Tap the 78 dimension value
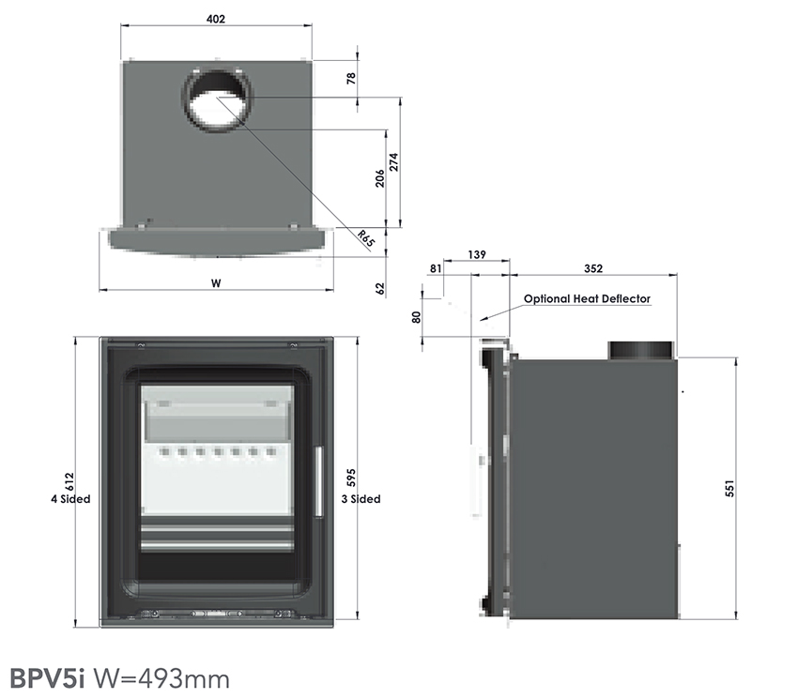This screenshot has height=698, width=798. pos(352,80)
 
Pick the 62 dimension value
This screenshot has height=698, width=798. pos(380,288)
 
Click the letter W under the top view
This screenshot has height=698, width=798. pos(215,281)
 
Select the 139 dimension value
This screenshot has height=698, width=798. pos(476,255)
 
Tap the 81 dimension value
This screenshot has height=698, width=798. pos(436,268)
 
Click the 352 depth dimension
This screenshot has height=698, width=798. pos(592,268)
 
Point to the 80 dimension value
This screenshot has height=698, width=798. pos(417,316)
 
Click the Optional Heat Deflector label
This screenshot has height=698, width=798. pos(587,299)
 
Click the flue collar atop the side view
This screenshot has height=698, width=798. pos(641,350)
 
